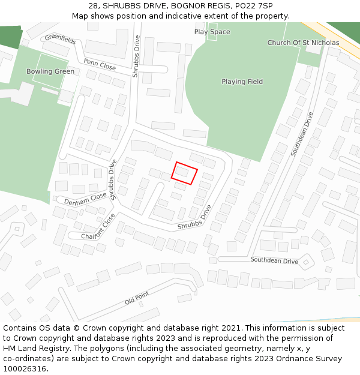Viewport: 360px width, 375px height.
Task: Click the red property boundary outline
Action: point(184,173)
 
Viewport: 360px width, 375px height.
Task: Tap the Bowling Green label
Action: point(50,71)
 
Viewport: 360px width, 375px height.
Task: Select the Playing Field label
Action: point(242,82)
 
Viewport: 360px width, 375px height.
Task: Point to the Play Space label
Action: point(212,32)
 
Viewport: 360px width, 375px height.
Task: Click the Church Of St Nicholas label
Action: point(303,43)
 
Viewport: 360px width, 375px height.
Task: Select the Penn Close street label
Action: point(100,64)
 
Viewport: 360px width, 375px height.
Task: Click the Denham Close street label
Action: point(85,199)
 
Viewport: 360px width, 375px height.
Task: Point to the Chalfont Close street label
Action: point(98,227)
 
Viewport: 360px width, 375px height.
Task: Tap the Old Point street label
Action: point(137,298)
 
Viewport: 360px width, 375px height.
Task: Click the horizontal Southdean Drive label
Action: point(274,260)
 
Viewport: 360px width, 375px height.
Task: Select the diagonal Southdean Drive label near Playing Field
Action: point(302,134)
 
